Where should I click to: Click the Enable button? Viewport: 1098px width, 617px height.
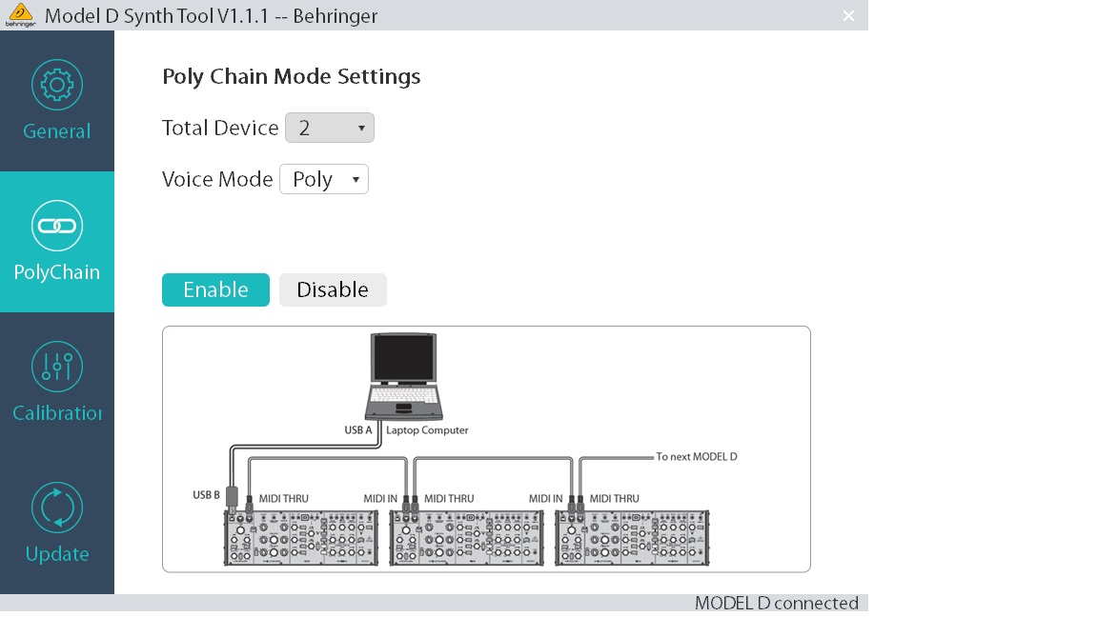coord(215,290)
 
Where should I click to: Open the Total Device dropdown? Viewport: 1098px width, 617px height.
coord(330,128)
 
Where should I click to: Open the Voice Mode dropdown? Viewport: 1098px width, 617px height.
coord(324,180)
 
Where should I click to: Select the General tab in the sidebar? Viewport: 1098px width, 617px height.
coord(57,101)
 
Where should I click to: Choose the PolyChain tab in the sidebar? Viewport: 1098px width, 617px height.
coord(57,242)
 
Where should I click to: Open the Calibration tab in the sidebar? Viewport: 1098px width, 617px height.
coord(57,383)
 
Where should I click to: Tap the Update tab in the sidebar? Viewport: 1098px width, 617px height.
coord(57,524)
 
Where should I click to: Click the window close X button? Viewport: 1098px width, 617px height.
coord(848,15)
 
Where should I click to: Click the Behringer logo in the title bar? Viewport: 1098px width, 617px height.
coord(20,15)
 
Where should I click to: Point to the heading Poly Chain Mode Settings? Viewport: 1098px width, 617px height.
coord(292,77)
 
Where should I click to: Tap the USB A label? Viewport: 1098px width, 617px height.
coord(358,430)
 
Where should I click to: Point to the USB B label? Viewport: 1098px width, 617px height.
coord(206,495)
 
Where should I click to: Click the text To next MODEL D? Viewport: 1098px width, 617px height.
coord(697,457)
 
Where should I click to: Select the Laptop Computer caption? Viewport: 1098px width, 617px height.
coord(427,430)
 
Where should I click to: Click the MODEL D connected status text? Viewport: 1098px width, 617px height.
coord(776,604)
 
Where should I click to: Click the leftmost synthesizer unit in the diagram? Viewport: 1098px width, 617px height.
coord(301,538)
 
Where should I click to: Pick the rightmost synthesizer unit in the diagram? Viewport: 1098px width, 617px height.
coord(632,538)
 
